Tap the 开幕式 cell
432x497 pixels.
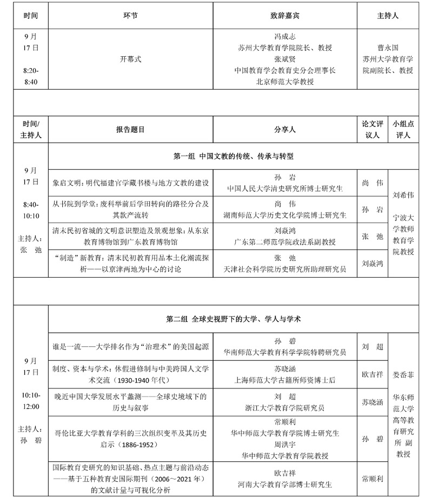(130, 59)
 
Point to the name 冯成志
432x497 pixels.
(284, 37)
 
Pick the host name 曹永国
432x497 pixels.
(388, 48)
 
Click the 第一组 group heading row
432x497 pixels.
(233, 157)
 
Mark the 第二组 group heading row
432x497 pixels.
(233, 319)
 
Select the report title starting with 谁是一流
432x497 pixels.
(130, 346)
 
